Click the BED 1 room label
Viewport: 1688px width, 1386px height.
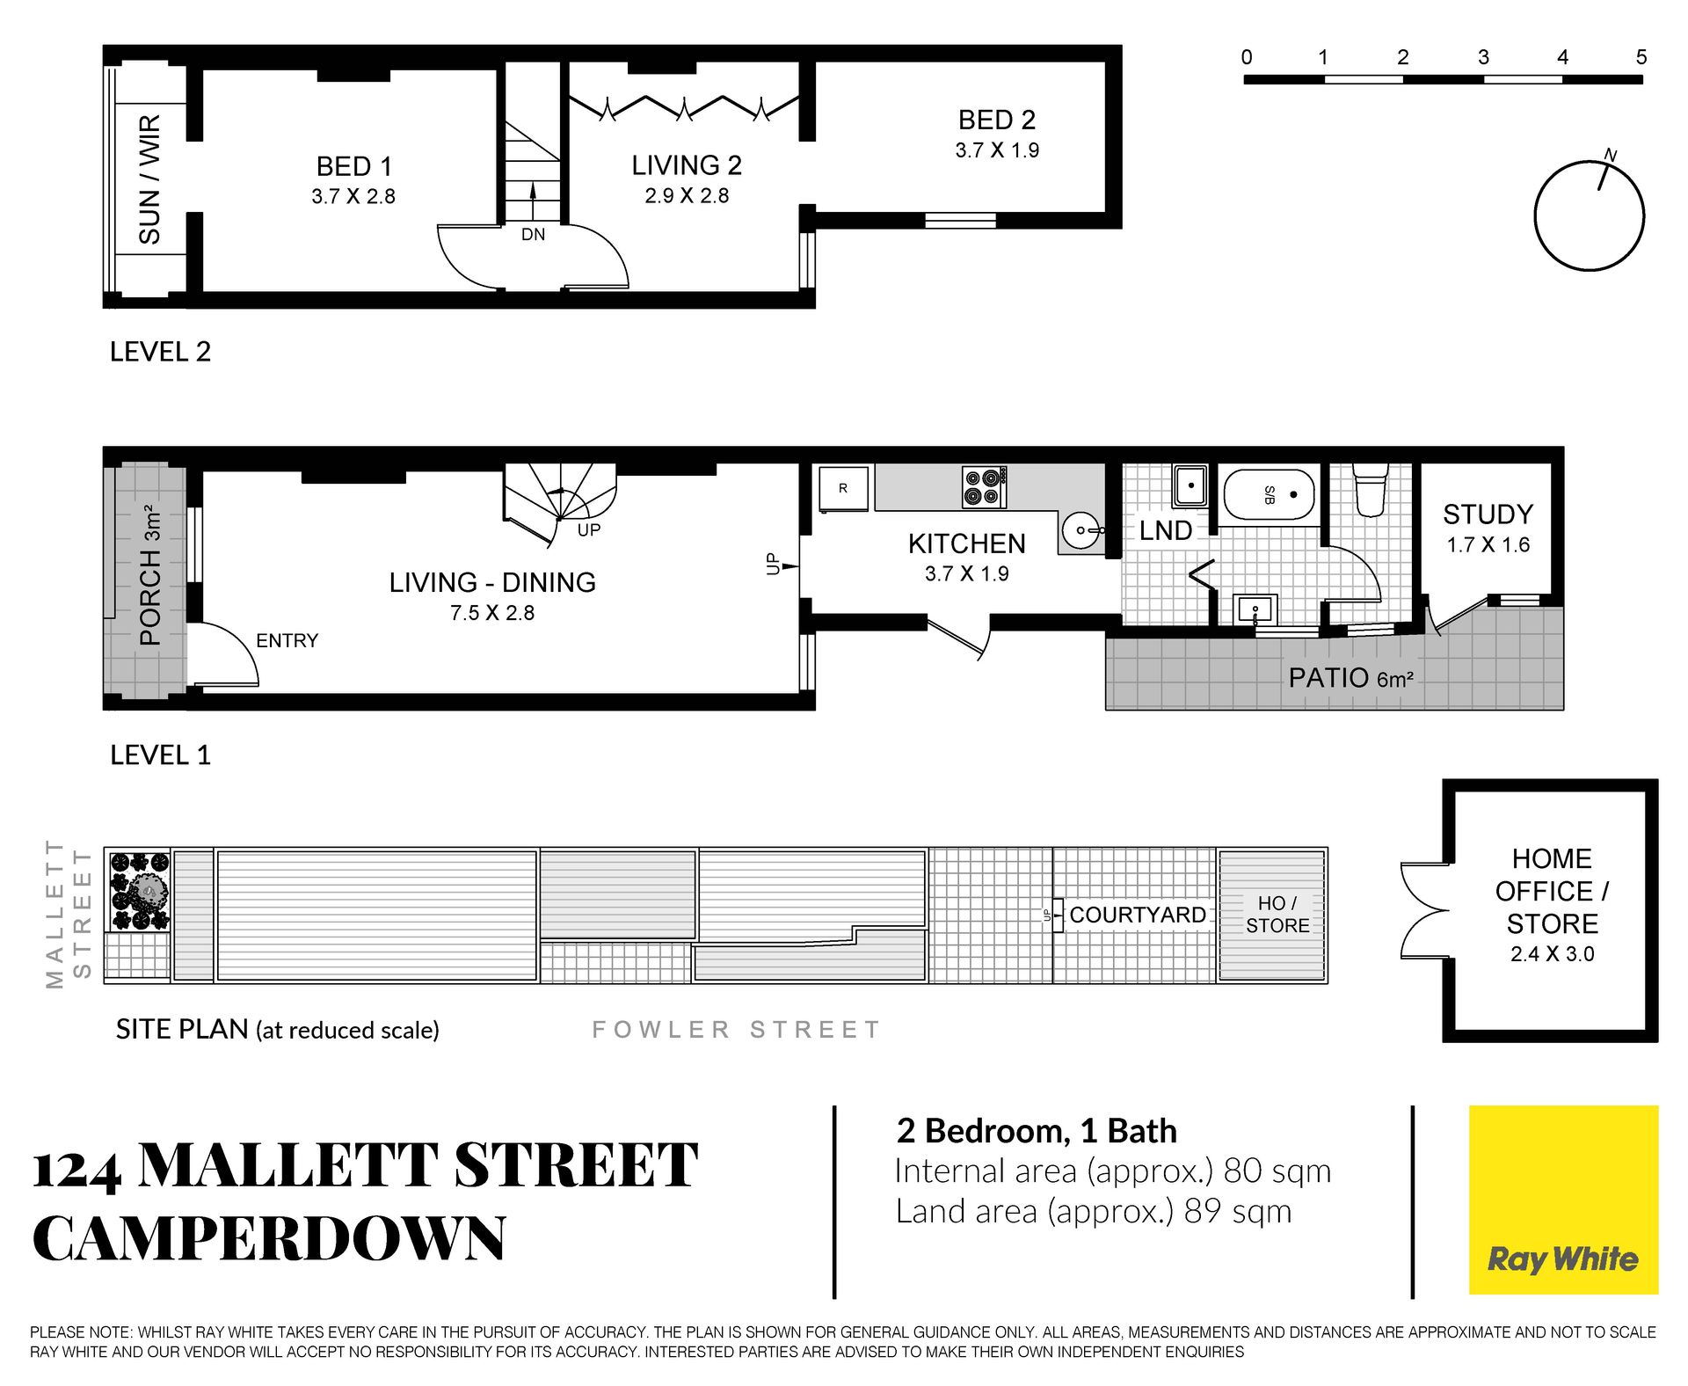(x=353, y=166)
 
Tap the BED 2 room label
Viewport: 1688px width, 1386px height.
(x=997, y=120)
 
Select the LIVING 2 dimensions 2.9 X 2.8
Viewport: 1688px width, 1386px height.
(x=687, y=195)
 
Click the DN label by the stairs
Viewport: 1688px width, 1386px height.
(x=533, y=235)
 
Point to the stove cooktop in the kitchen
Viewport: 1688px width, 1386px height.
(x=984, y=487)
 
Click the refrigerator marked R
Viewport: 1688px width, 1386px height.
(x=844, y=488)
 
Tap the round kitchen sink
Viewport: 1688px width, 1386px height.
(x=1080, y=530)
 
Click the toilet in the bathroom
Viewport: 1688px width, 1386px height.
(x=1371, y=489)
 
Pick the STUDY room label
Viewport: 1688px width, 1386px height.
(x=1488, y=514)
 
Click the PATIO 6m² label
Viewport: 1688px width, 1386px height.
(x=1351, y=678)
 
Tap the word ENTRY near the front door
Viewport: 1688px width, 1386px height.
(x=287, y=640)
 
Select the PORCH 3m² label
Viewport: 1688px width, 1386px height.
(x=150, y=575)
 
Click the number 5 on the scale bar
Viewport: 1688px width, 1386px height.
(x=1641, y=57)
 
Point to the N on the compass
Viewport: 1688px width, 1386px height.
(x=1611, y=155)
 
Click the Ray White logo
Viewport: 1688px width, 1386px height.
(x=1563, y=1200)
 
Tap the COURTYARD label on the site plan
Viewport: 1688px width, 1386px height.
(x=1138, y=915)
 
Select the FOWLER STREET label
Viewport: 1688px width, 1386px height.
(x=736, y=1029)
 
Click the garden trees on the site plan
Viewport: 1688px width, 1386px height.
(x=139, y=891)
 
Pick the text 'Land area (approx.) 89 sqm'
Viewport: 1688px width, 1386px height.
(x=1094, y=1211)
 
